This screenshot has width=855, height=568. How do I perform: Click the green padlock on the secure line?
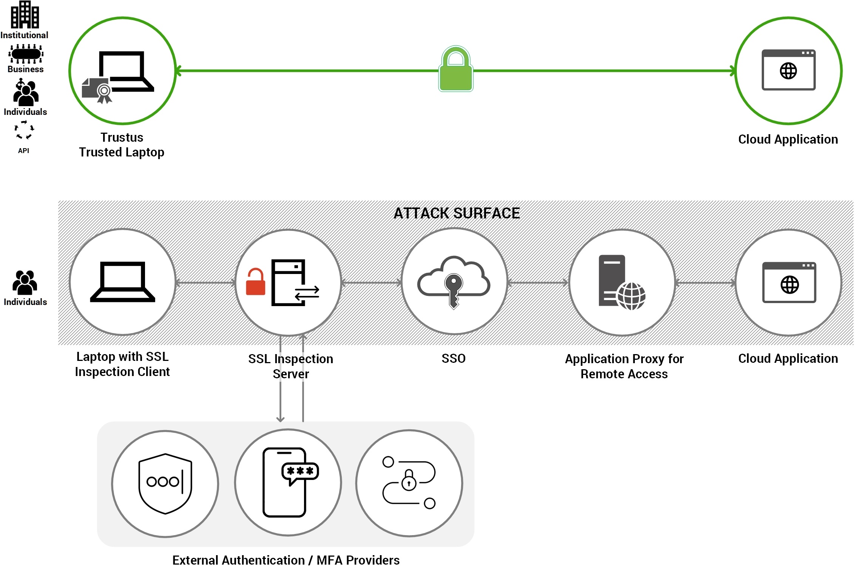[456, 70]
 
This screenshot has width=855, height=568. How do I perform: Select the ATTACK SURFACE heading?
[456, 214]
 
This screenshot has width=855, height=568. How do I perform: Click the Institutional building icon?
[25, 15]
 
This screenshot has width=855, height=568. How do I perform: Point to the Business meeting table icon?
[26, 54]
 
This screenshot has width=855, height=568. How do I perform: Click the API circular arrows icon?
[24, 130]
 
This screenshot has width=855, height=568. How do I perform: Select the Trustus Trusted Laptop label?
[122, 145]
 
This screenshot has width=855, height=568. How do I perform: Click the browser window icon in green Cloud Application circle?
[788, 70]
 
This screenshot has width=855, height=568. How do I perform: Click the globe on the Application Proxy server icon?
[631, 296]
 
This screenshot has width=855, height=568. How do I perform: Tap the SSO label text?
[453, 358]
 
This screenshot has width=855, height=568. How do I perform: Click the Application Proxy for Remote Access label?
[624, 366]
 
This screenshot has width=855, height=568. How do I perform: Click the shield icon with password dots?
[165, 483]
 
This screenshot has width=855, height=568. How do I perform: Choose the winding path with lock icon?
[409, 483]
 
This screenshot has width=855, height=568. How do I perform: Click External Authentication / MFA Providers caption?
[286, 560]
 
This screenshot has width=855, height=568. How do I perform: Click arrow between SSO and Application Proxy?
[538, 282]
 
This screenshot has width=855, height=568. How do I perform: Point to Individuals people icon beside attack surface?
[25, 283]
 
